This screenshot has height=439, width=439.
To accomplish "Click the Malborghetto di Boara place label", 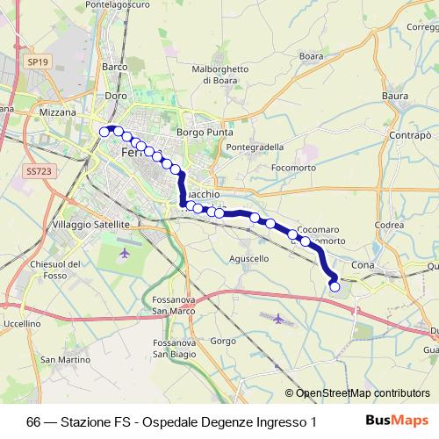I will [220, 75].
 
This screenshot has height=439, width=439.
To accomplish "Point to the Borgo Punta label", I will [202, 133].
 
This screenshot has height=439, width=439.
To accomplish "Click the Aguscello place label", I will [248, 259].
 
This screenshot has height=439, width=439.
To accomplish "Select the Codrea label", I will [388, 224].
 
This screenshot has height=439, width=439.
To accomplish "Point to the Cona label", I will [363, 264].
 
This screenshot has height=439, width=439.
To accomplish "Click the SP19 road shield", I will [36, 62].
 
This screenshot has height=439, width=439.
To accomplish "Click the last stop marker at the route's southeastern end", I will [334, 286].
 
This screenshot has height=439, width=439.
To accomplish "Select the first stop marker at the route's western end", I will [104, 132].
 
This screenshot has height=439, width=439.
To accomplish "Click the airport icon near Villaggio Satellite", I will [124, 253].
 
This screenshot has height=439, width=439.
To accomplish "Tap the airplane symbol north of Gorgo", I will [278, 318].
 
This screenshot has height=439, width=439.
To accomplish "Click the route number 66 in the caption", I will [33, 421].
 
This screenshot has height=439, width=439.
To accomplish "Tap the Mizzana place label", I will [60, 113].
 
